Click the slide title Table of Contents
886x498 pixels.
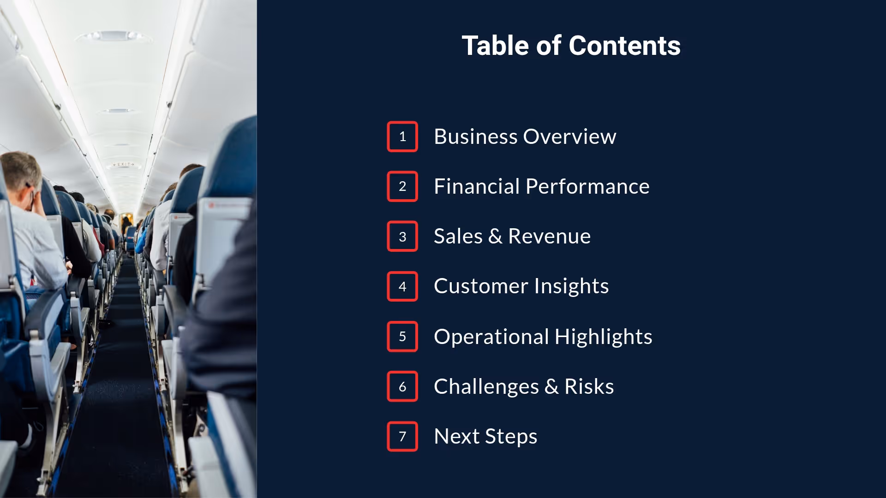tap(571, 46)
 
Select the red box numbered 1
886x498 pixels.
tap(402, 136)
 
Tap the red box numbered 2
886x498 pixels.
tap(402, 186)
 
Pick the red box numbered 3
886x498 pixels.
tap(402, 237)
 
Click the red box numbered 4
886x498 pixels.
tap(402, 286)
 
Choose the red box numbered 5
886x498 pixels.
tap(402, 337)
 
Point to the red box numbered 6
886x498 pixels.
tap(402, 386)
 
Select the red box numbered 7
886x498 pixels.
tap(402, 436)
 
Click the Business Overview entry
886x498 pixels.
tap(525, 136)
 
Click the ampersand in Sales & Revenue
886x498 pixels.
tap(495, 237)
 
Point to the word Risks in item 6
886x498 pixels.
tap(589, 386)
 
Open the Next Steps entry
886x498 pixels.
tap(485, 436)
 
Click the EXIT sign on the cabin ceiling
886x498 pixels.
tap(123, 164)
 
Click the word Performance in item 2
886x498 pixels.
tap(587, 186)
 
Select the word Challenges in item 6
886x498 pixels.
tap(486, 386)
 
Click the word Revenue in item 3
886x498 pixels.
tap(549, 237)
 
